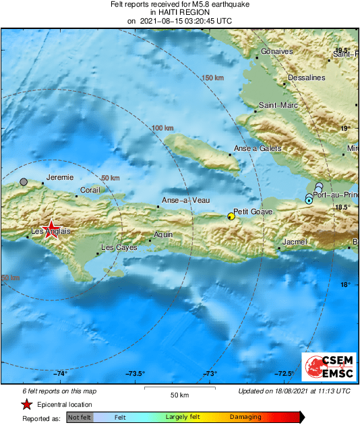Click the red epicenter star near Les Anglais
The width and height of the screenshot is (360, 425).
click(x=50, y=228)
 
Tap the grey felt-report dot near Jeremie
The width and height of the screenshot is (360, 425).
click(x=24, y=182)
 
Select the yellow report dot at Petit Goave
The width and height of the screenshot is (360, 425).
click(x=231, y=216)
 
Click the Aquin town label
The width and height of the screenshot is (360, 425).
click(x=163, y=234)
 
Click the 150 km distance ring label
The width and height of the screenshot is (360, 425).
click(x=212, y=79)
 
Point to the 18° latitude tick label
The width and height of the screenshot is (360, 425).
click(x=344, y=285)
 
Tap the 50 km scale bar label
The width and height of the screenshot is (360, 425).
click(x=179, y=394)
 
